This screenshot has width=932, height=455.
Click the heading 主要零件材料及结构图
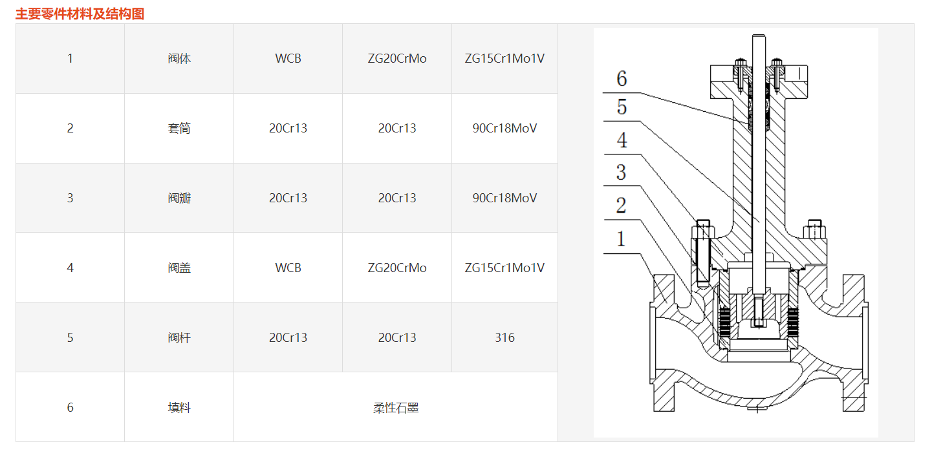coord(80,14)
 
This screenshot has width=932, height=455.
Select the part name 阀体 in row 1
coord(179,59)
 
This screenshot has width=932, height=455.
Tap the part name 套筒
coord(179,129)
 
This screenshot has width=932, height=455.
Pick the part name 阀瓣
coord(179,198)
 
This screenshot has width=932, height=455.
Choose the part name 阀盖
coord(179,268)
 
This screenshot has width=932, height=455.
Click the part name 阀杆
coord(179,338)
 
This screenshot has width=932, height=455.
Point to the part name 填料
coord(179,408)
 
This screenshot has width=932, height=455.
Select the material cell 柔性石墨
coord(396,408)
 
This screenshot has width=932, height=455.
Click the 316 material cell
coord(504,338)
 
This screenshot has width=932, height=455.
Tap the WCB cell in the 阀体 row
coord(288,59)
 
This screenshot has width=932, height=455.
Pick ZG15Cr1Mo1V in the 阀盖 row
coord(504,268)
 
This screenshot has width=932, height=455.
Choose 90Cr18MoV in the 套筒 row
coord(504,129)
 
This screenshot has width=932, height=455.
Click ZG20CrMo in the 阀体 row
coord(397,59)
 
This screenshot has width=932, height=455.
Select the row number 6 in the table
coord(70,408)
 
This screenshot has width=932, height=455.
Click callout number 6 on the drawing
coord(622,79)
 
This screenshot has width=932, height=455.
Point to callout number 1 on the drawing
coord(622,239)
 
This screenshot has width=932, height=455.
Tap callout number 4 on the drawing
coord(622,140)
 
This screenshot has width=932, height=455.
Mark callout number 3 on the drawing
coord(622,173)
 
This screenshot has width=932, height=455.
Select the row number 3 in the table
coord(70,198)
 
